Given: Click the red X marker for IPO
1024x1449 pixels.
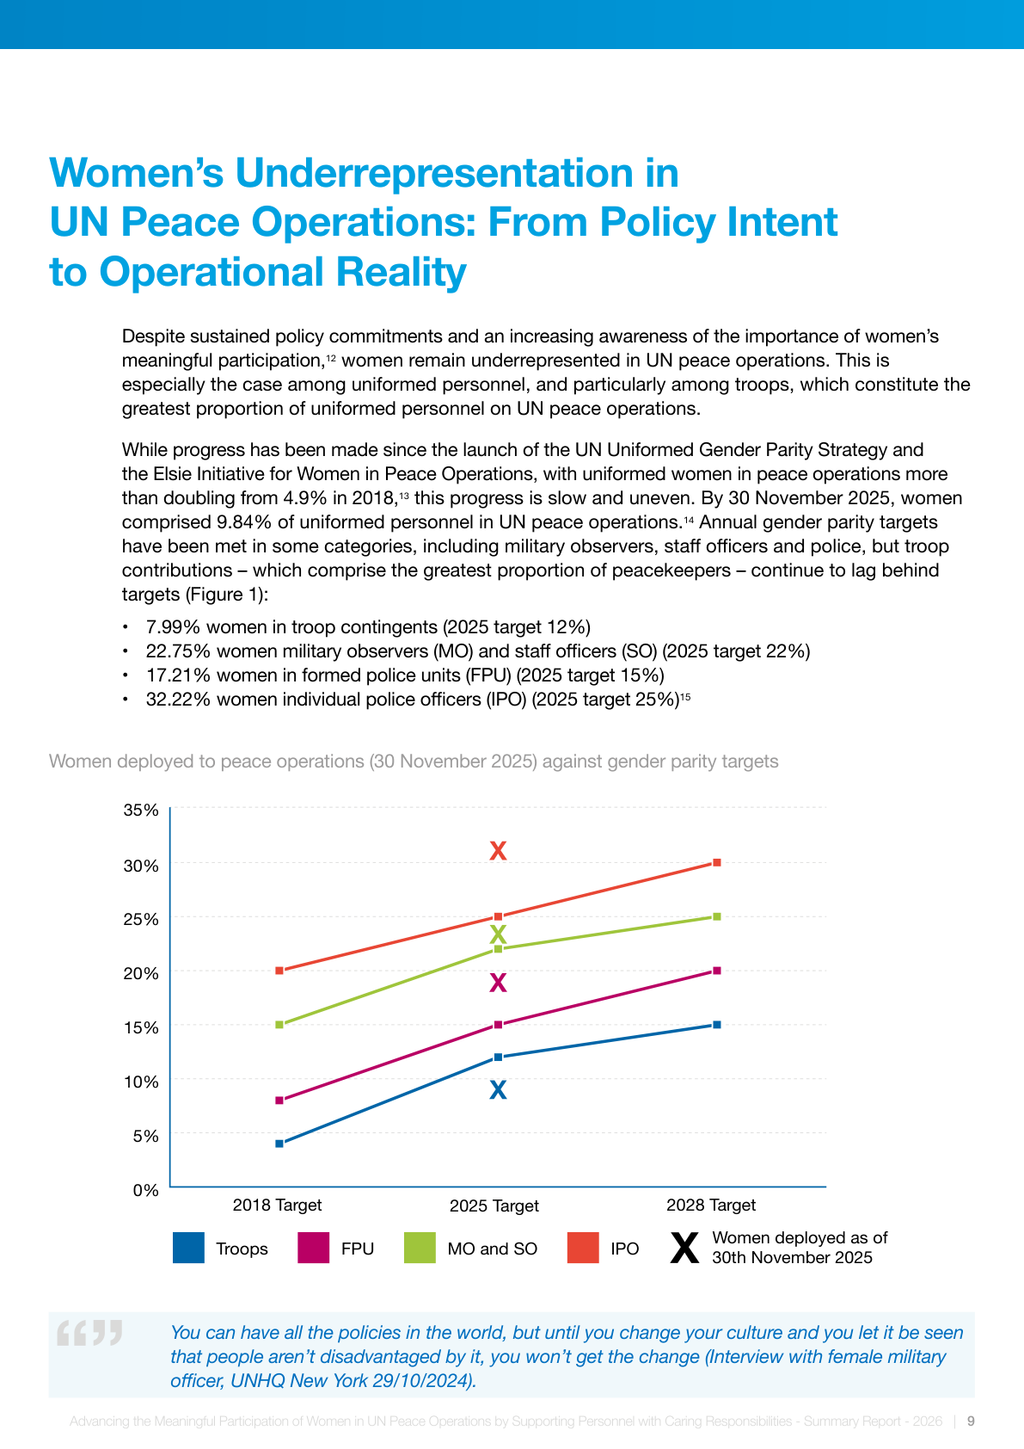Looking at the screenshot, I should pyautogui.click(x=498, y=851).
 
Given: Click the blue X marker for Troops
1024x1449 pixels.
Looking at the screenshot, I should pyautogui.click(x=498, y=1090).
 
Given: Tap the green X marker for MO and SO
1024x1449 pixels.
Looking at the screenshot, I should pyautogui.click(x=498, y=934).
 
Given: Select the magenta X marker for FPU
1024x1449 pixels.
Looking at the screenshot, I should pyautogui.click(x=498, y=983).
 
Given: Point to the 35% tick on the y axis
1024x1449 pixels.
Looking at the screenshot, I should pyautogui.click(x=141, y=810).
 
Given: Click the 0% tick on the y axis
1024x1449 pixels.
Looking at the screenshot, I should pyautogui.click(x=145, y=1190).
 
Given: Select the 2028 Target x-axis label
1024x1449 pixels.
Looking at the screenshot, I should pyautogui.click(x=710, y=1205).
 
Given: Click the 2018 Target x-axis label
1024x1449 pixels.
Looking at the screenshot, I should pyautogui.click(x=277, y=1205).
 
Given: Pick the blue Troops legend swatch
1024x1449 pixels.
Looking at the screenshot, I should pyautogui.click(x=188, y=1248).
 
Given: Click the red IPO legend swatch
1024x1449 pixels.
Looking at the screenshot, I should pyautogui.click(x=583, y=1248).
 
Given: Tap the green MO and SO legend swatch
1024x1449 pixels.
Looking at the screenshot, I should pyautogui.click(x=420, y=1248).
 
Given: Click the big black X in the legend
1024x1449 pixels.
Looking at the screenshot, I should pyautogui.click(x=684, y=1248).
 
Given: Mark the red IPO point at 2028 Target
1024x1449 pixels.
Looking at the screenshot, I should pyautogui.click(x=717, y=862).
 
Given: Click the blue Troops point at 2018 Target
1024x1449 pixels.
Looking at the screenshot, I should pyautogui.click(x=279, y=1144).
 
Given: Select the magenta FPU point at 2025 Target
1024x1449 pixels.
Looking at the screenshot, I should pyautogui.click(x=498, y=1025).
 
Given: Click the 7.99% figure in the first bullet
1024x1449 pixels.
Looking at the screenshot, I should pyautogui.click(x=173, y=626).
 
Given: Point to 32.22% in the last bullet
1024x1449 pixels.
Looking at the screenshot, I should pyautogui.click(x=178, y=699).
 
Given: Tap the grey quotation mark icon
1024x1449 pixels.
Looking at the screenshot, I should pyautogui.click(x=89, y=1334).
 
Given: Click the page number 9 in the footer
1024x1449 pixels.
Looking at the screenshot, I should pyautogui.click(x=971, y=1421).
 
